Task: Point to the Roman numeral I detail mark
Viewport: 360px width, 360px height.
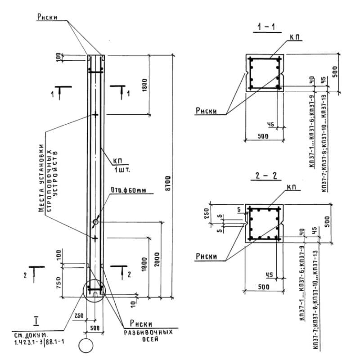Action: [x=36, y=321]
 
